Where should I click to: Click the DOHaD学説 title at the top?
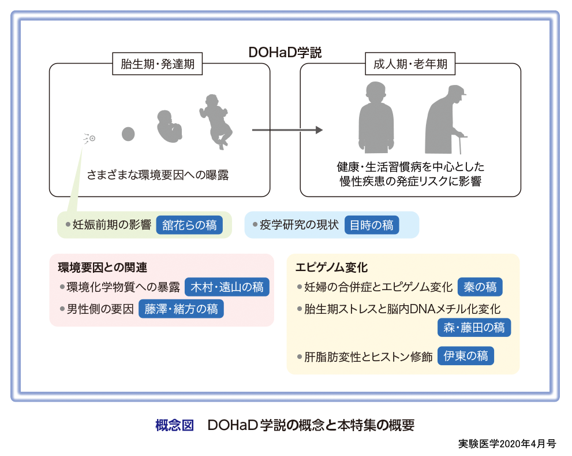(x=285, y=53)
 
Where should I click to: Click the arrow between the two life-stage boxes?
(x=287, y=130)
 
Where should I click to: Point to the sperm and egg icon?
(x=90, y=138)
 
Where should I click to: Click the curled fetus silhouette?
(x=170, y=125)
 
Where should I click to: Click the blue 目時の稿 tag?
(x=372, y=225)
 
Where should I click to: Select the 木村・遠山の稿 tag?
(x=227, y=287)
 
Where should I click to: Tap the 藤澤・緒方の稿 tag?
(x=181, y=309)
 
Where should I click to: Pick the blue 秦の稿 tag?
(x=480, y=287)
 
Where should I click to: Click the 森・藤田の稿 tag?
(x=474, y=328)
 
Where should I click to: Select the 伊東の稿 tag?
(x=466, y=356)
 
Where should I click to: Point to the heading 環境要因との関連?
(x=103, y=268)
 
